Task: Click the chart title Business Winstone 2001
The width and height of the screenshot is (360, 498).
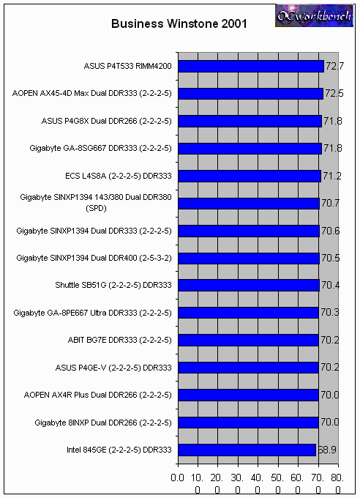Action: point(179,24)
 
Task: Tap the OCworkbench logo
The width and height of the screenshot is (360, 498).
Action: point(314,15)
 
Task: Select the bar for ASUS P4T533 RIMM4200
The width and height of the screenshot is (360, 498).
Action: point(251,67)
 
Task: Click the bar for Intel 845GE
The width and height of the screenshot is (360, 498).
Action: point(247,450)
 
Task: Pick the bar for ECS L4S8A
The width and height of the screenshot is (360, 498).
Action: point(250,176)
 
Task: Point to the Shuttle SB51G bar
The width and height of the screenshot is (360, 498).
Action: point(249,285)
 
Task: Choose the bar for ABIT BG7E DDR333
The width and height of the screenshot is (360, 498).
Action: point(248,340)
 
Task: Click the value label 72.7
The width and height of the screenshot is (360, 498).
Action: point(334,66)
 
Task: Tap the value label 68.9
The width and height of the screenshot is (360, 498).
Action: point(327,450)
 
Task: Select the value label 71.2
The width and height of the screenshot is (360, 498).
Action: point(332,176)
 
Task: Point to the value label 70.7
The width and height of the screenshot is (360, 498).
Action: point(331,203)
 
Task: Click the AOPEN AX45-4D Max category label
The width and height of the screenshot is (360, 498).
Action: point(91,94)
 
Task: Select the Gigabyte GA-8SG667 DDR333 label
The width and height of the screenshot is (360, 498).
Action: point(100,149)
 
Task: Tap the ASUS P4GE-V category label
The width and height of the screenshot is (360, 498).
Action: point(113,368)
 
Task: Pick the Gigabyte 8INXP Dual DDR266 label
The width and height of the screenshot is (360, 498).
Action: point(103,423)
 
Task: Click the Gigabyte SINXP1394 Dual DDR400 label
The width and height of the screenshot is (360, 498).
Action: point(94,258)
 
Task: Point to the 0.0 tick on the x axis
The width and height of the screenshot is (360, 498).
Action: point(177,478)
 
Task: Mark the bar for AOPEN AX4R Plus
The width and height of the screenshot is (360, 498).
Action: point(248,395)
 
